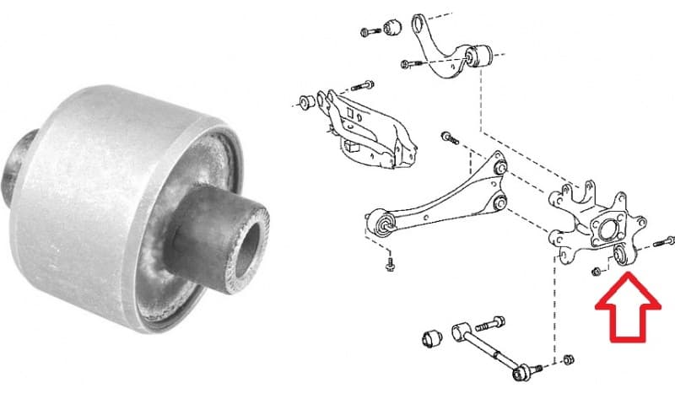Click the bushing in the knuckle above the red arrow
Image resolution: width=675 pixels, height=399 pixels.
(619, 256)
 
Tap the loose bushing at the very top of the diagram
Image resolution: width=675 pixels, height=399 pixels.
(391, 27)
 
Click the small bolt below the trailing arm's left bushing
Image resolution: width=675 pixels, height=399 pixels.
(389, 267)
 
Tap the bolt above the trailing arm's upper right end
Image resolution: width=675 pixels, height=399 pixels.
(448, 136)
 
